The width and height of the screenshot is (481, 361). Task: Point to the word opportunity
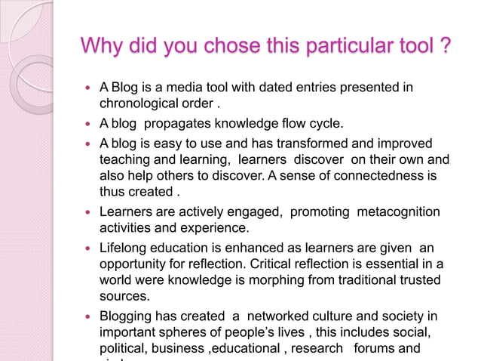pyautogui.click(x=133, y=264)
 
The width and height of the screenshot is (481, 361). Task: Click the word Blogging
pyautogui.click(x=127, y=316)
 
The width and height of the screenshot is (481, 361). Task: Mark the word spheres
pyautogui.click(x=184, y=332)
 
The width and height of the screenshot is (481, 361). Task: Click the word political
pyautogui.click(x=123, y=348)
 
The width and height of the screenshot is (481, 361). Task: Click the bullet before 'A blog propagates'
pyautogui.click(x=88, y=125)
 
